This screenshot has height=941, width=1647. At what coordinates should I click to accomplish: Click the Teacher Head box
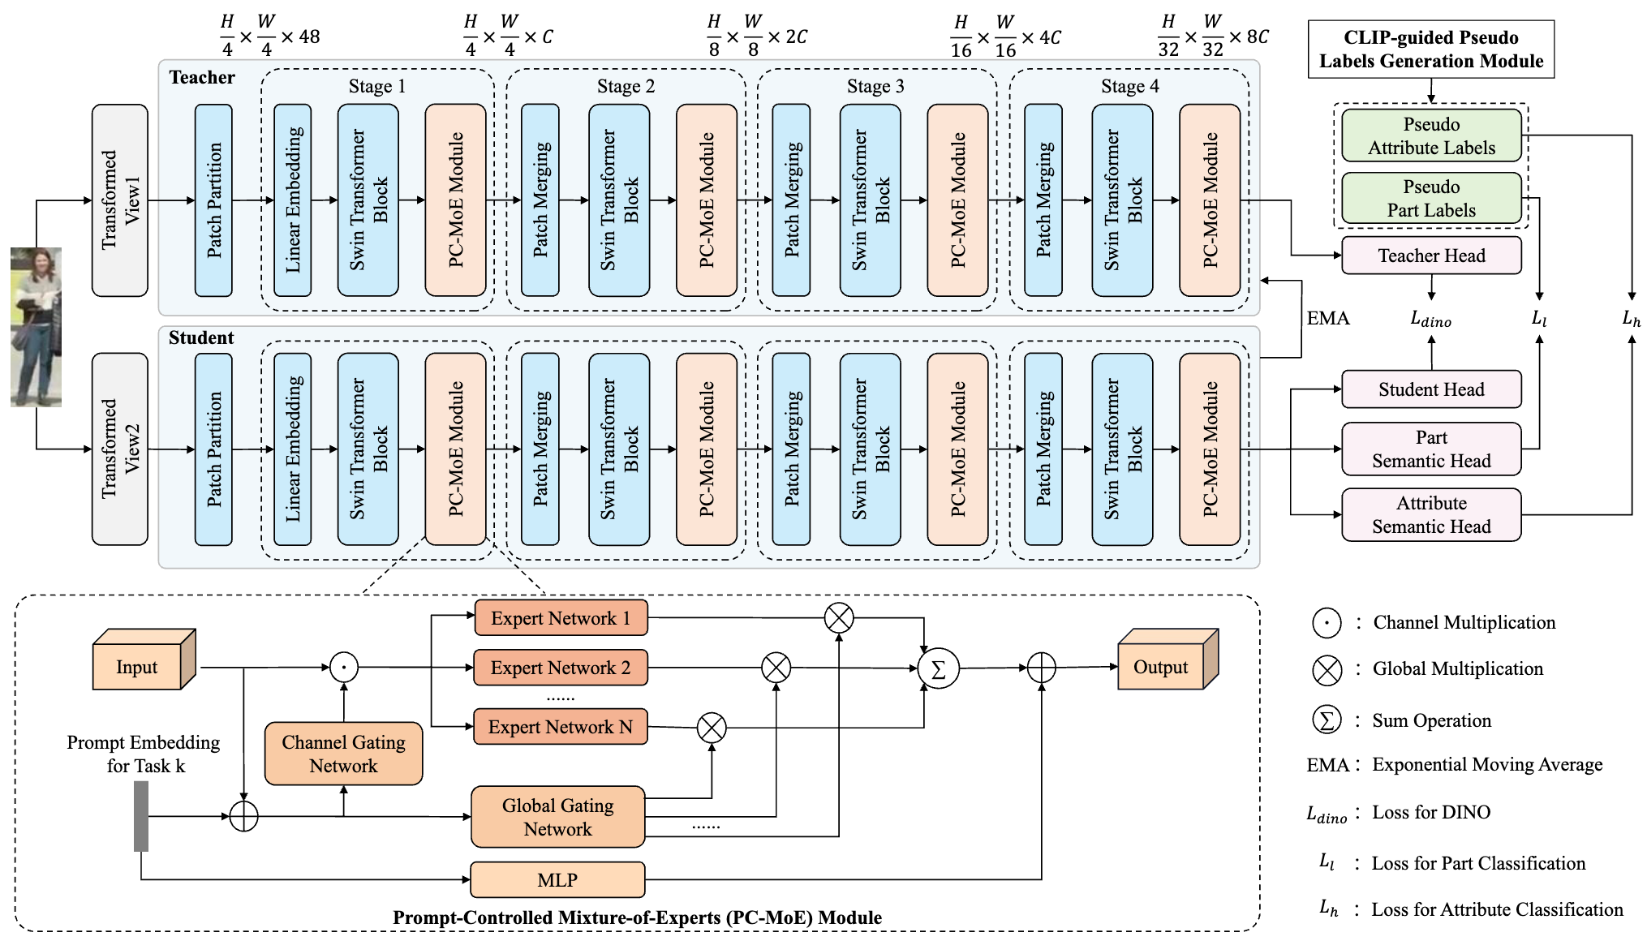pos(1431,256)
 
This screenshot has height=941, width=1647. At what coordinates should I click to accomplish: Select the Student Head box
pos(1431,389)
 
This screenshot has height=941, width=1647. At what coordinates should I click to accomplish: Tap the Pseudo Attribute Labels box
pos(1431,135)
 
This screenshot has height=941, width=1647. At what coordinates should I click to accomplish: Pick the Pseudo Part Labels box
pos(1431,198)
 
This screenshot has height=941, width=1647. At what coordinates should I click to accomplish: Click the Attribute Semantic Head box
pos(1431,514)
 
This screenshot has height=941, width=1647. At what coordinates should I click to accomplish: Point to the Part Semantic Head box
pos(1431,449)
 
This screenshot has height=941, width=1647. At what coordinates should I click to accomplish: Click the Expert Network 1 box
pos(561,618)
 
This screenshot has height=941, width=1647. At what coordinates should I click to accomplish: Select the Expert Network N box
pos(561,727)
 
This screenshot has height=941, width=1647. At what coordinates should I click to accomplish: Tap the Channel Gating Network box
pos(343,754)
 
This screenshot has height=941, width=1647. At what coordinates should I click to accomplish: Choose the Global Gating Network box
pos(557,817)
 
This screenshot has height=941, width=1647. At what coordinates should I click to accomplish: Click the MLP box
pos(557,880)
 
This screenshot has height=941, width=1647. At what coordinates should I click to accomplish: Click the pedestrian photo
pos(36,326)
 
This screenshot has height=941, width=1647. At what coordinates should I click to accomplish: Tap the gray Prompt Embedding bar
pos(141,816)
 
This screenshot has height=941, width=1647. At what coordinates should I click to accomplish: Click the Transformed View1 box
pos(120,200)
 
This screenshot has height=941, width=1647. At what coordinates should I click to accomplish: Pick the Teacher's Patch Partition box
pos(213,200)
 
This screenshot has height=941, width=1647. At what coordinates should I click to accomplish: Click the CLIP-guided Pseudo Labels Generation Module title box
pos(1431,49)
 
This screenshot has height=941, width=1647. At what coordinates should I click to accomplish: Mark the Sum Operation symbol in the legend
pos(1327,720)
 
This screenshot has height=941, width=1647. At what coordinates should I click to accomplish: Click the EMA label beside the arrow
pos(1328,319)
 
